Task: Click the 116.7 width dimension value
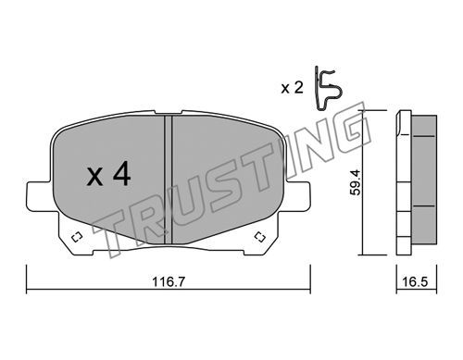pos(169,281)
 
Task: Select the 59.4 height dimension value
pos(355,182)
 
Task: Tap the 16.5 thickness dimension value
pos(415,281)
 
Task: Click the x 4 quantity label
pos(108,175)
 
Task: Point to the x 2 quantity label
pos(292,88)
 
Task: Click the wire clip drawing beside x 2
pos(328,88)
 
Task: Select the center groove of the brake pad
pos(168,180)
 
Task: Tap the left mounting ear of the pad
pos(38,196)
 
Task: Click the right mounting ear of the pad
pos(298,196)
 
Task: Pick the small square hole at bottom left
pos(76,237)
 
